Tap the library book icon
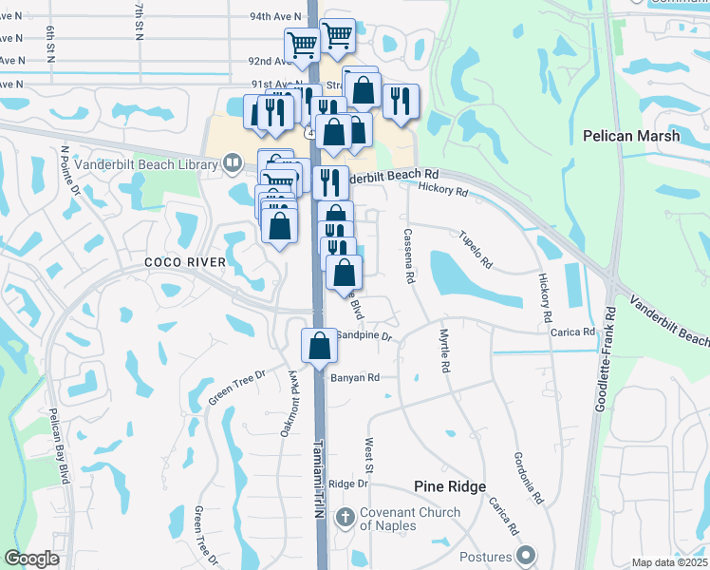(232, 163)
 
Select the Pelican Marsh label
(631, 136)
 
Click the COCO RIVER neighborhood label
(185, 262)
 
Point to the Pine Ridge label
(450, 486)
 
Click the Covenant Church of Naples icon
(346, 519)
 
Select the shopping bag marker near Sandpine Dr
(319, 346)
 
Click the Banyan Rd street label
(355, 377)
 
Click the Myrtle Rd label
(443, 352)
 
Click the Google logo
(32, 559)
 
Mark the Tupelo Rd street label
(476, 249)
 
